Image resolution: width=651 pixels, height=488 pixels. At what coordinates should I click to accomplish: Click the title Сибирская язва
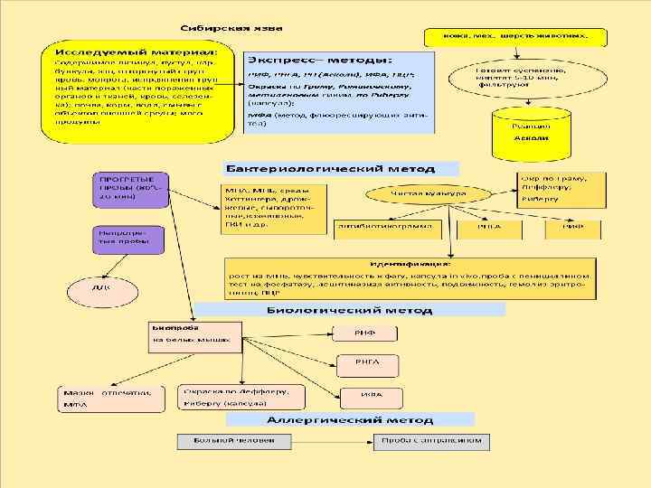pyautogui.click(x=222, y=28)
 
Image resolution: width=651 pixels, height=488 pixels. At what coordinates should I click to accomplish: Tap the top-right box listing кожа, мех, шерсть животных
pyautogui.click(x=515, y=37)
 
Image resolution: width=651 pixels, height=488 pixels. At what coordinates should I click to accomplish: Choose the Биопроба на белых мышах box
pyautogui.click(x=193, y=334)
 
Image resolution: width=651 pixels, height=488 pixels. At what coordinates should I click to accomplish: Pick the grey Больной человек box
pyautogui.click(x=234, y=441)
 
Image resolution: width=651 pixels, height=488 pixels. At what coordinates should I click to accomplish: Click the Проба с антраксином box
pyautogui.click(x=431, y=441)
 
